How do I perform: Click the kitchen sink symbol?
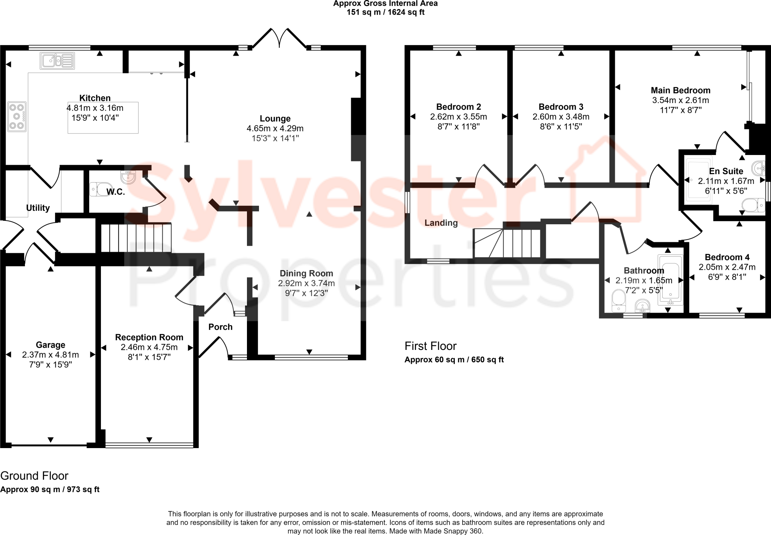coord(57,61)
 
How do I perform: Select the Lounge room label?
coord(275,119)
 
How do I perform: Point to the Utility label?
coord(38,208)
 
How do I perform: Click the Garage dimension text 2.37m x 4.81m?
coord(50,355)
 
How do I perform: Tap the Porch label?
coord(220,327)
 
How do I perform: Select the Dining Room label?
coord(306,274)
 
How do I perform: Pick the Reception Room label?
coord(149,337)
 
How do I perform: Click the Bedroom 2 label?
coord(458,107)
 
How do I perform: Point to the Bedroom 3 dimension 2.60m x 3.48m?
coord(561,117)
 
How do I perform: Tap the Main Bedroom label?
coord(680,90)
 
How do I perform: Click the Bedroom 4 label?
coord(727,257)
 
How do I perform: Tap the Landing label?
coord(441,223)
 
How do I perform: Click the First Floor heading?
coord(430,346)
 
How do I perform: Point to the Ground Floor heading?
coord(34,476)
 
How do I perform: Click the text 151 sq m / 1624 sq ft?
coord(385,12)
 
